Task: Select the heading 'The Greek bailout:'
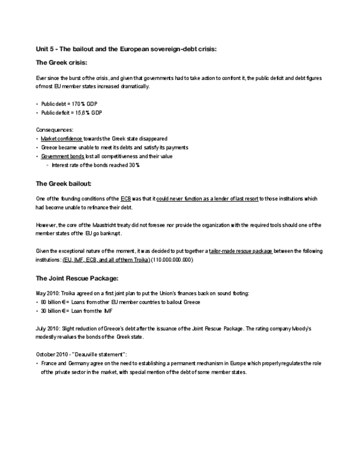pos(63,183)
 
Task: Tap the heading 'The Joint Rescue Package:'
pos(77,278)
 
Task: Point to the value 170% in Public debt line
pos(79,104)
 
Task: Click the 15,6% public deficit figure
pos(83,112)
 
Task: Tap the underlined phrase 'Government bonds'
pos(62,157)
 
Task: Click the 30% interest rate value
pos(134,165)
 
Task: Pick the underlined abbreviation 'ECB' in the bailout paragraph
pos(125,198)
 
